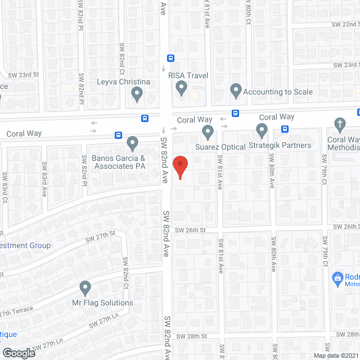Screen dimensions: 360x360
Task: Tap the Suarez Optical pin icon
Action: point(208,132)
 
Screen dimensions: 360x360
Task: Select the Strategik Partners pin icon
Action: point(262,130)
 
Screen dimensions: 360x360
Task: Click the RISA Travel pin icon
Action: point(181,88)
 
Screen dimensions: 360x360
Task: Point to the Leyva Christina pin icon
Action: point(137,95)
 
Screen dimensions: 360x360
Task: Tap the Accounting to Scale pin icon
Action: point(236,90)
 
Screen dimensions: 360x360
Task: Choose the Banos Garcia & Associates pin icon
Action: point(132,143)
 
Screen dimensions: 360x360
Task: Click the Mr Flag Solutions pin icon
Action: point(85,288)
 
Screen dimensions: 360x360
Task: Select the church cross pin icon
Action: point(339,124)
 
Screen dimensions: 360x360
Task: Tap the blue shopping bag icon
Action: point(337,277)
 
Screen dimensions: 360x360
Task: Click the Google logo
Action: point(18,353)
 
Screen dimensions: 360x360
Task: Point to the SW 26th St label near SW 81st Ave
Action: point(190,230)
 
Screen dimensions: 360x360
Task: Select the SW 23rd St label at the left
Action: point(24,74)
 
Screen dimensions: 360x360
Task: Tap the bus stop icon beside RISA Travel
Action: point(170,57)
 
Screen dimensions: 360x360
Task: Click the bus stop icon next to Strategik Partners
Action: point(285,129)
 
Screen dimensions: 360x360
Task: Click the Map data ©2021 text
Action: point(335,355)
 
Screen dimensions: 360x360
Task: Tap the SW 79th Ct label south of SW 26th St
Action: point(326,245)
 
